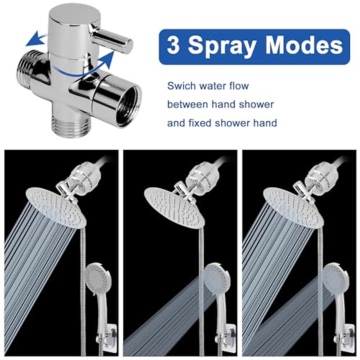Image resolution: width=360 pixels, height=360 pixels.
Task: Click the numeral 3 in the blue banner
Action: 174,46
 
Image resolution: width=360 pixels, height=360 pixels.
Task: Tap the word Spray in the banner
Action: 222,46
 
